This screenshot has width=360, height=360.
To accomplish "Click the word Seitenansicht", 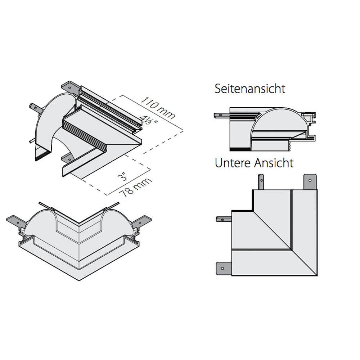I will tap(250, 89).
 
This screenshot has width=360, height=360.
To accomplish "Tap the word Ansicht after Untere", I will tap(274, 163).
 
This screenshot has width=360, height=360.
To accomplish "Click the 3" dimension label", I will tap(124, 177).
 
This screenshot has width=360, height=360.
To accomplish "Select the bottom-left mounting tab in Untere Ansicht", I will tap(223, 268).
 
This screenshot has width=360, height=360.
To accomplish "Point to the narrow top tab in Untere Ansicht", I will tap(260, 182).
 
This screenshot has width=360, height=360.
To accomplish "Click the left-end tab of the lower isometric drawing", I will tap(15, 220).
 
